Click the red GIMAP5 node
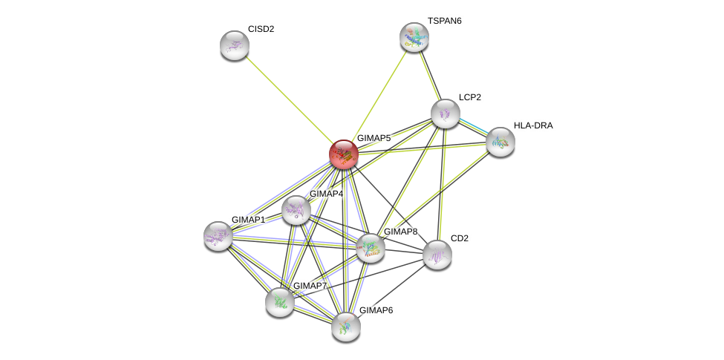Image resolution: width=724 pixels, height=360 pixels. coord(344,154)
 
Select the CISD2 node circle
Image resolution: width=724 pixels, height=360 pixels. coord(235,45)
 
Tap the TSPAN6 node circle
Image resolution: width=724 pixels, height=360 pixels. coord(414,37)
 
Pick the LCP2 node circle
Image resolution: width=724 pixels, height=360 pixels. coord(446,114)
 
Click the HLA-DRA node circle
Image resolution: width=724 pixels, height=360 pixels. coord(500,142)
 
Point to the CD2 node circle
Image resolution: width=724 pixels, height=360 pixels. coord(437,255)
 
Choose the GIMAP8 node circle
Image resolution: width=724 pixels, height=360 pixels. coord(371,247)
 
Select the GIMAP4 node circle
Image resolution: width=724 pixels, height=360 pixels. coord(296,210)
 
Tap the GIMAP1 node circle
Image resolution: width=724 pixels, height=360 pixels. coord(218,235)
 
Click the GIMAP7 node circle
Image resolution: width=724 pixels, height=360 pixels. coord(280,301)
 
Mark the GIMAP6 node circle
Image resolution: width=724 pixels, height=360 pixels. coord(346,326)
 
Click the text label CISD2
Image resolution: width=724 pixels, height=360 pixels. coord(261,29)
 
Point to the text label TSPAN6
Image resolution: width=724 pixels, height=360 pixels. coord(444,21)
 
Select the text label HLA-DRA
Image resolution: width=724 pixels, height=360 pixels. coord(533,125)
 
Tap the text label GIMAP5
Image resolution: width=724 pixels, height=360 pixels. coord(374,138)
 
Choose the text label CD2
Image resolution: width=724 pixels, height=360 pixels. coord(460,238)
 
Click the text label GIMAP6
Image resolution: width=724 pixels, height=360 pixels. coord(376,310)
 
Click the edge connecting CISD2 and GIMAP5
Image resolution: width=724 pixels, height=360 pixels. coord(290,100)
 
